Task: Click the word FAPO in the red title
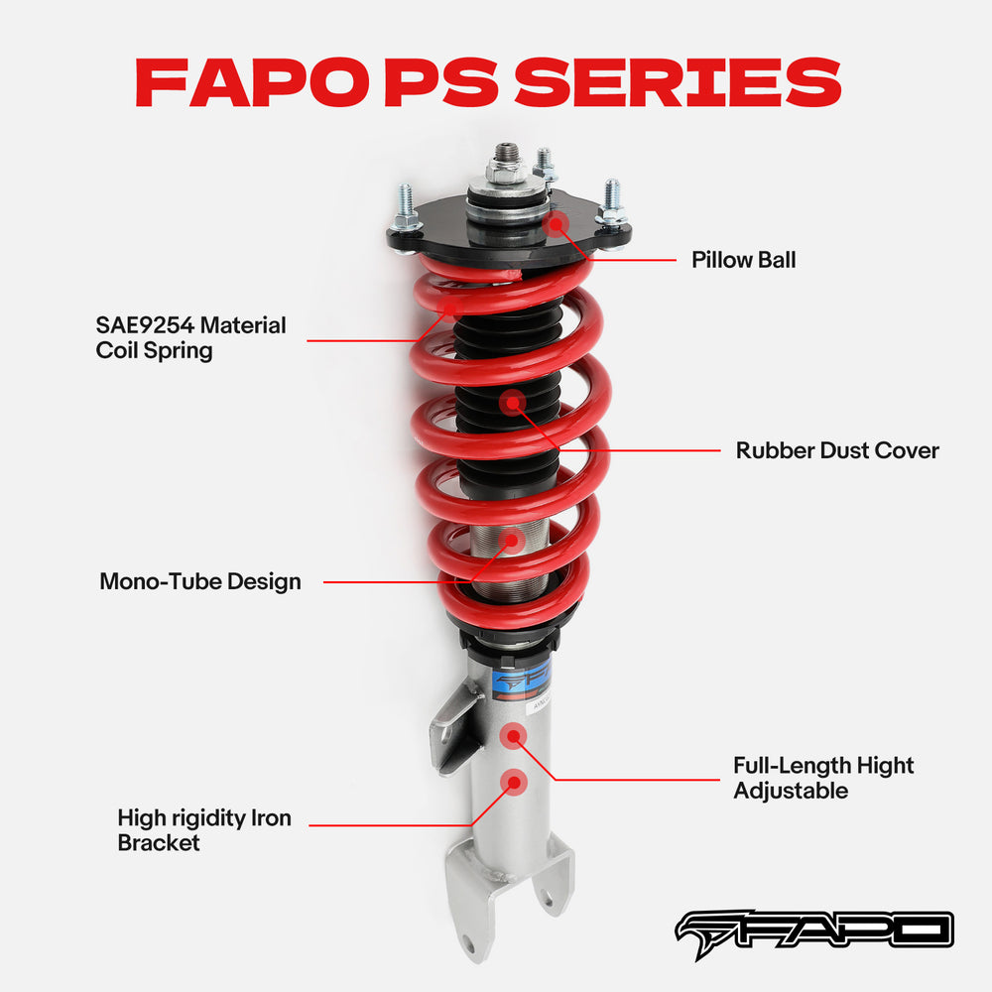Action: tap(256, 82)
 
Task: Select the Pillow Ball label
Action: tap(743, 260)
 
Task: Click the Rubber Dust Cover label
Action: tap(836, 450)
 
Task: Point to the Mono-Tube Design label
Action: tap(199, 581)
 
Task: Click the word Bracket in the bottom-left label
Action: tap(159, 843)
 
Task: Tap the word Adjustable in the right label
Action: tap(791, 791)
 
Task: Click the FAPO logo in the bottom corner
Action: tap(813, 930)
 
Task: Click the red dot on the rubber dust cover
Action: tap(513, 402)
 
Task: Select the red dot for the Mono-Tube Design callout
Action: tap(513, 540)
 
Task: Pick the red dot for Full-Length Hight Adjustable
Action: tap(513, 735)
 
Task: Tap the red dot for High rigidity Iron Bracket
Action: tap(513, 782)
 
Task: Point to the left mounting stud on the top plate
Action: tap(406, 210)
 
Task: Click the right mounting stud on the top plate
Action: tap(611, 202)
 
